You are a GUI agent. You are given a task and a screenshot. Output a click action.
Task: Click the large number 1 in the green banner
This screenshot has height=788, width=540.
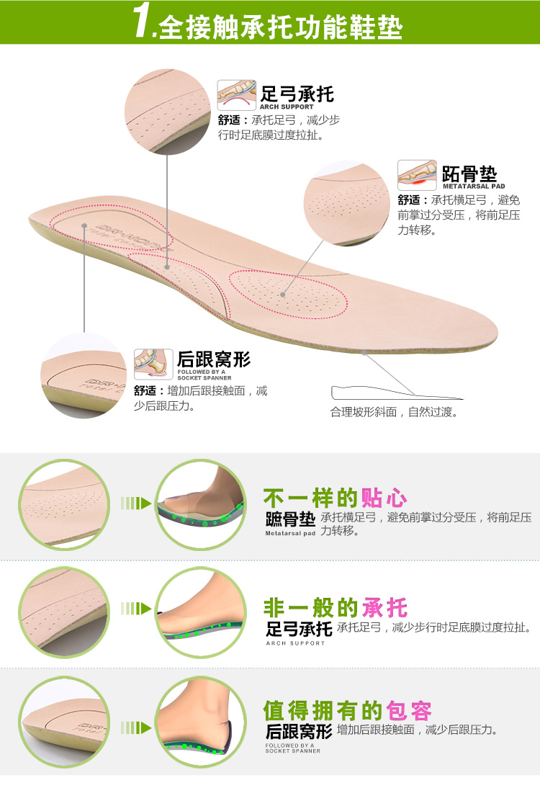pyautogui.click(x=143, y=23)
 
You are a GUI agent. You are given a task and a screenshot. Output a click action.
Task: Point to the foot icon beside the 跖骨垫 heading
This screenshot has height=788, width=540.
pyautogui.click(x=417, y=174)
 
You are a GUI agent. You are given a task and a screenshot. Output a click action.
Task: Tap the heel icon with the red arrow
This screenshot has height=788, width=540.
pyautogui.click(x=153, y=364)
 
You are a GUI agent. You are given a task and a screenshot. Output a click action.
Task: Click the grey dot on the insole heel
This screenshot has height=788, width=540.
pyautogui.click(x=85, y=225)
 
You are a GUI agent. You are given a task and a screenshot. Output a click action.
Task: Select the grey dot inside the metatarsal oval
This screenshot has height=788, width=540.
pyautogui.click(x=283, y=294)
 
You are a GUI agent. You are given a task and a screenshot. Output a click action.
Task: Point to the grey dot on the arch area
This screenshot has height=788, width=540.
pyautogui.click(x=168, y=267)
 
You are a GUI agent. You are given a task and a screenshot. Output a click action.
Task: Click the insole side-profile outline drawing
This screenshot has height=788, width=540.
pyautogui.click(x=396, y=393)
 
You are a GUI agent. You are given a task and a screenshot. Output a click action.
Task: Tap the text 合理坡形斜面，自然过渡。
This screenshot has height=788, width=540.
pyautogui.click(x=395, y=413)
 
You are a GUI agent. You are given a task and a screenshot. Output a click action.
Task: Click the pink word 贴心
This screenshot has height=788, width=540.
pyautogui.click(x=384, y=498)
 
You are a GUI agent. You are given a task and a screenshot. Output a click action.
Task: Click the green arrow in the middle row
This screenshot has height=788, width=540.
pyautogui.click(x=135, y=609)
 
